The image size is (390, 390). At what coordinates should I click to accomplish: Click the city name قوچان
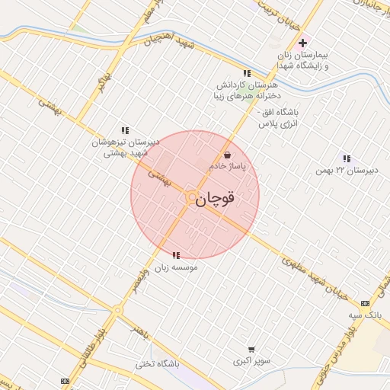coord(216,199)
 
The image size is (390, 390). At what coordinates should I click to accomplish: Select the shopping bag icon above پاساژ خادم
coord(227,155)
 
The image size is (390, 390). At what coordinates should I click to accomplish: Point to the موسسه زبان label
coord(177,267)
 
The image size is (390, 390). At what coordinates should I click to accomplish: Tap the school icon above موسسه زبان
coord(176,255)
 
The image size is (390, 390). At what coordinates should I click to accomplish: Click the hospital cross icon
coord(303,43)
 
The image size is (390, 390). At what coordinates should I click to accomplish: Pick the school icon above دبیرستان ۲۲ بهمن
coord(347,158)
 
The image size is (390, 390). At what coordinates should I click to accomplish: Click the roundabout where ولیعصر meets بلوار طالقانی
coord(118,310)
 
